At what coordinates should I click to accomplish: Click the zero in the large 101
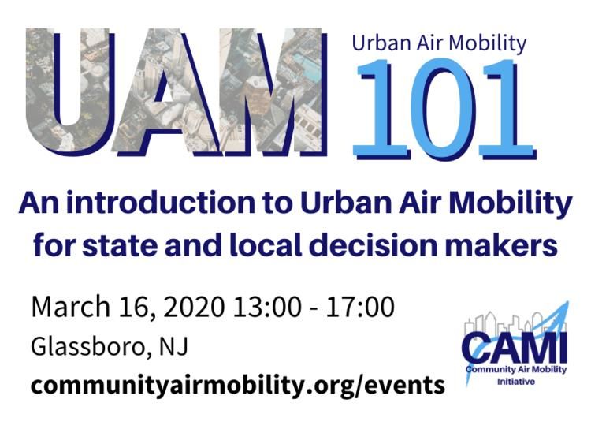(x=444, y=110)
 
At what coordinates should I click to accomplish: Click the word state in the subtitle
(x=120, y=246)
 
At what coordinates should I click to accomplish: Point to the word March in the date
(x=70, y=306)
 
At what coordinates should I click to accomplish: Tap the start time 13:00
(x=267, y=306)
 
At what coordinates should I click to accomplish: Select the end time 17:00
(x=361, y=306)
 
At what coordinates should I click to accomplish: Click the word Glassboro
(x=88, y=346)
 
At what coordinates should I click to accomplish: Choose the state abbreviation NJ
(x=173, y=347)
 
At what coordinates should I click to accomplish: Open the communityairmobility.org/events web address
(x=238, y=386)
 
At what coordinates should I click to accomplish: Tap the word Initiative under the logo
(x=516, y=382)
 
